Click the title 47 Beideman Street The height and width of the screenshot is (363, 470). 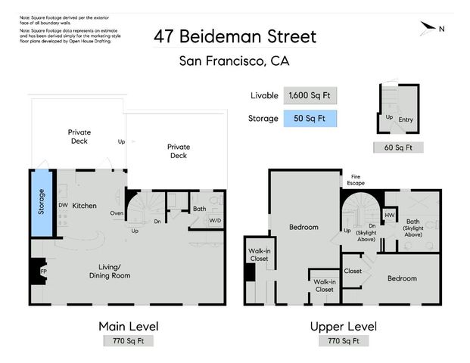click(235, 36)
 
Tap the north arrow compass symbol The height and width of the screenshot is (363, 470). click(431, 29)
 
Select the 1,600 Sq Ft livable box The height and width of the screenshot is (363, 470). click(310, 96)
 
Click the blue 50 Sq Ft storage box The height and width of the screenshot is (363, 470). click(310, 119)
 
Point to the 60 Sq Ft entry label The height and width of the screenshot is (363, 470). click(397, 147)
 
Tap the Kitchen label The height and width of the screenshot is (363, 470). click(84, 206)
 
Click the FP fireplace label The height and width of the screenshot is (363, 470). click(43, 269)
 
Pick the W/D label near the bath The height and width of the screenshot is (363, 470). click(216, 221)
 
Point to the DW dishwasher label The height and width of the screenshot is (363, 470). click(63, 205)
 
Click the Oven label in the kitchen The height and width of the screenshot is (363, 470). click(117, 213)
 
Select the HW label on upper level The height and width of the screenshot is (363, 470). click(390, 216)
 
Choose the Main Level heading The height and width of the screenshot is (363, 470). click(128, 326)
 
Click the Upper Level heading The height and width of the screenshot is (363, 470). click(343, 326)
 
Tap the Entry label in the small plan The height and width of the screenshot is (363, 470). click(406, 119)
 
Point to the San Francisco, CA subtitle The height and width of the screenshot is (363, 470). click(234, 61)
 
